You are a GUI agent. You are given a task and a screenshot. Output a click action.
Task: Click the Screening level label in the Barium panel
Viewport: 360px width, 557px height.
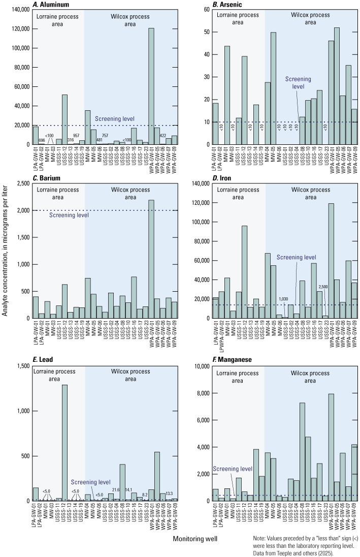(69, 215)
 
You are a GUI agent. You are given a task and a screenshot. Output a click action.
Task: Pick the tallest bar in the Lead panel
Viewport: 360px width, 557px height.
(64, 443)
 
